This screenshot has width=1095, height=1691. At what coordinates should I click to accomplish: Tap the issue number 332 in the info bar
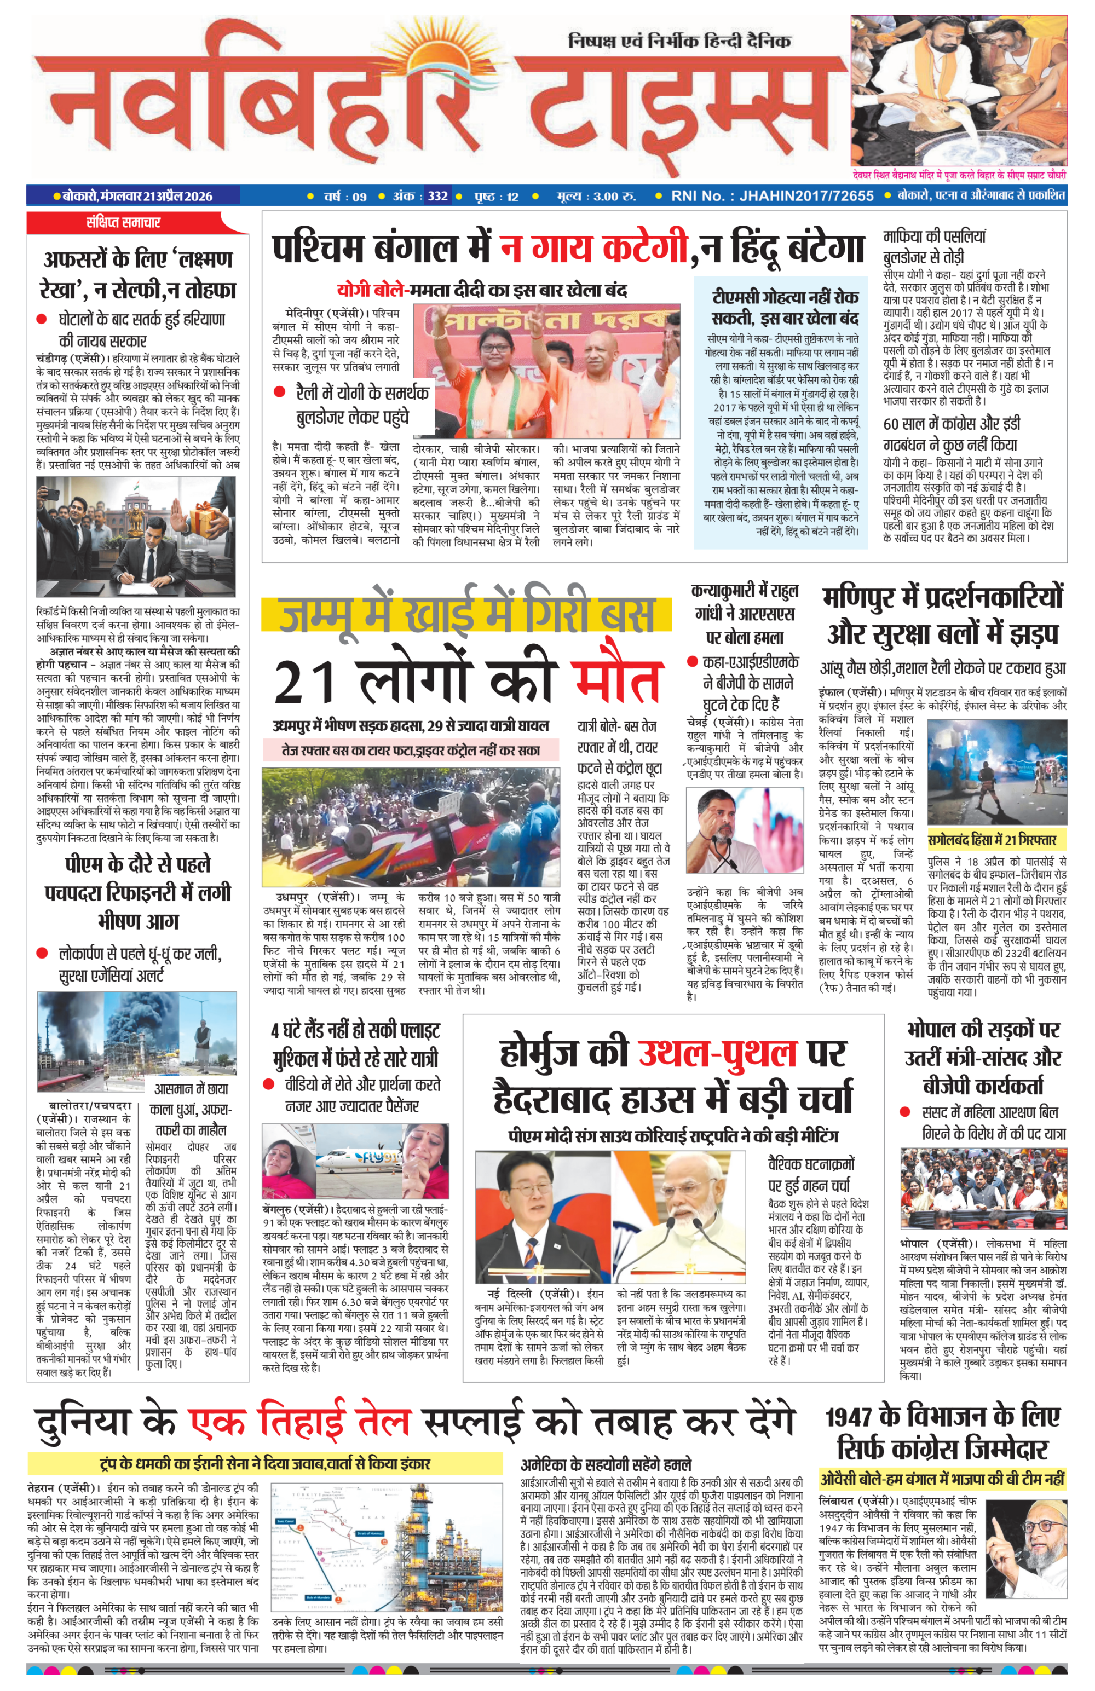click(x=437, y=196)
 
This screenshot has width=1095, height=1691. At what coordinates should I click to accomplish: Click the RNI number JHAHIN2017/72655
click(x=806, y=196)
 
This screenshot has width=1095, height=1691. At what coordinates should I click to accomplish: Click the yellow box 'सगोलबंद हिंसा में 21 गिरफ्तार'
click(x=993, y=840)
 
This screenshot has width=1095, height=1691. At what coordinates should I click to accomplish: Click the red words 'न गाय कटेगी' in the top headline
click(x=593, y=248)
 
